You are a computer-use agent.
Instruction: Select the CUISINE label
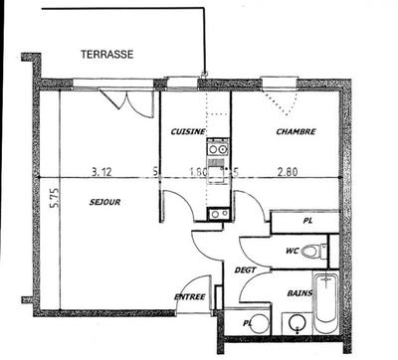pos(188,132)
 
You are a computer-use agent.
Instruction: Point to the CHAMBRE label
pos(296,131)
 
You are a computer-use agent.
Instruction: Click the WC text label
pos(292,251)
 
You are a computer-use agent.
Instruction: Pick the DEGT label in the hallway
pos(245,270)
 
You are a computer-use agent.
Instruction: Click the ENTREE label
pos(190,296)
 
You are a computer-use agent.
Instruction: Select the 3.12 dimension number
pos(101,171)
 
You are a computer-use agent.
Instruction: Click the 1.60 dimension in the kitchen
pos(198,171)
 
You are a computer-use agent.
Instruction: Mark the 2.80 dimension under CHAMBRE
pos(289,171)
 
